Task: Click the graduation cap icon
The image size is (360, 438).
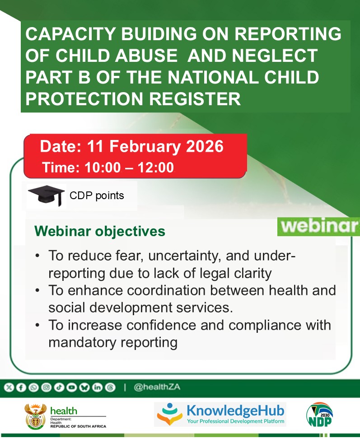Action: [47, 196]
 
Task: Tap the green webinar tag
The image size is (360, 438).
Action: [318, 226]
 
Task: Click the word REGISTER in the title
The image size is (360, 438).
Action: [195, 98]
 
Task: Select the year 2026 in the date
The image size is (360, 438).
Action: [205, 146]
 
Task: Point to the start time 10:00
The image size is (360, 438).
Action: [103, 168]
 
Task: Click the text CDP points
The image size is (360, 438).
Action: [97, 196]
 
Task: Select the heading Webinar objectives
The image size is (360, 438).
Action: [100, 231]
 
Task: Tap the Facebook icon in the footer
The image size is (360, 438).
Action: [21, 387]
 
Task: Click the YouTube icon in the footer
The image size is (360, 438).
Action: [71, 387]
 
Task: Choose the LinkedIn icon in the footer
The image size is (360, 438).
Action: [97, 387]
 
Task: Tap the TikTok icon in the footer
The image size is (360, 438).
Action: [59, 387]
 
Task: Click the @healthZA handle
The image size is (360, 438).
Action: [157, 387]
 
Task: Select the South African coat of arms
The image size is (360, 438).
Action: [36, 416]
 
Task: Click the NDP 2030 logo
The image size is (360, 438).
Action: [320, 415]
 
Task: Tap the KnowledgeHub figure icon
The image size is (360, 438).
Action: [170, 414]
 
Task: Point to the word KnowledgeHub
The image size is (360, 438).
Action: [235, 410]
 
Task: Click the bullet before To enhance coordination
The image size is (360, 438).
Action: [37, 290]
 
